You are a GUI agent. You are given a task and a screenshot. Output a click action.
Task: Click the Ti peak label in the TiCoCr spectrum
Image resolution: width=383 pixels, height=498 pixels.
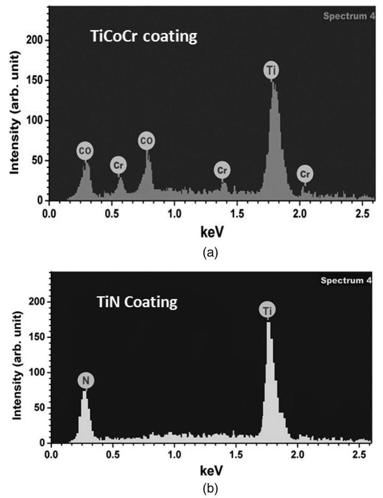[x=271, y=71]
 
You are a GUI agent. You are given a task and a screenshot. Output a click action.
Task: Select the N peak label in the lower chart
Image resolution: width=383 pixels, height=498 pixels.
[x=85, y=381]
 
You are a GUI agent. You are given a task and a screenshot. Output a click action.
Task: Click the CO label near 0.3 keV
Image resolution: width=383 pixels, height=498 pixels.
[x=85, y=151]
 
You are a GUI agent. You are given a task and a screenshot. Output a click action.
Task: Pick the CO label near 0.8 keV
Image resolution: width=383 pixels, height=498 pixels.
[x=146, y=140]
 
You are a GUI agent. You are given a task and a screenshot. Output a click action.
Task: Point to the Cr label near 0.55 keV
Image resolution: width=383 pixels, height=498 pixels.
[x=118, y=165]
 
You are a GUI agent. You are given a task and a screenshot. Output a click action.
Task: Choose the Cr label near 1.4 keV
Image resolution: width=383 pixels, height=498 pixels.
[x=222, y=170]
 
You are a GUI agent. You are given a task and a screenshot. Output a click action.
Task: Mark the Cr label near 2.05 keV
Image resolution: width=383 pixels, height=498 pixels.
[x=305, y=174]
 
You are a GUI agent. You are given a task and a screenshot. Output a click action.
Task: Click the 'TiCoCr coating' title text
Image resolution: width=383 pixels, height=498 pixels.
[x=144, y=37]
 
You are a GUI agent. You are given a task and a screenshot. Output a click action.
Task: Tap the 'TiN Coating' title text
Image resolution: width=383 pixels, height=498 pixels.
[x=137, y=302]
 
